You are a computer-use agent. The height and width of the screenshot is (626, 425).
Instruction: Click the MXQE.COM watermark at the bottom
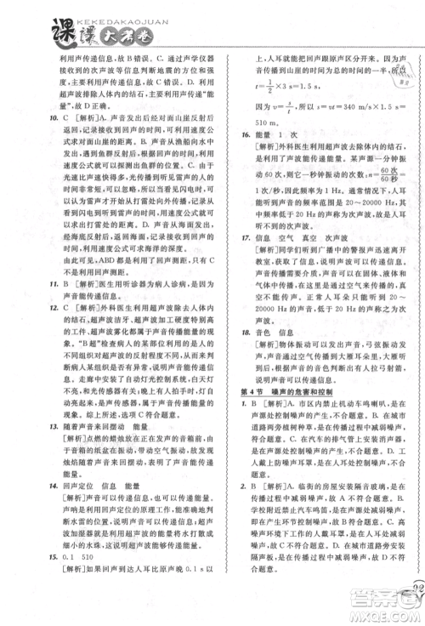pyautogui.click(x=390, y=615)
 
